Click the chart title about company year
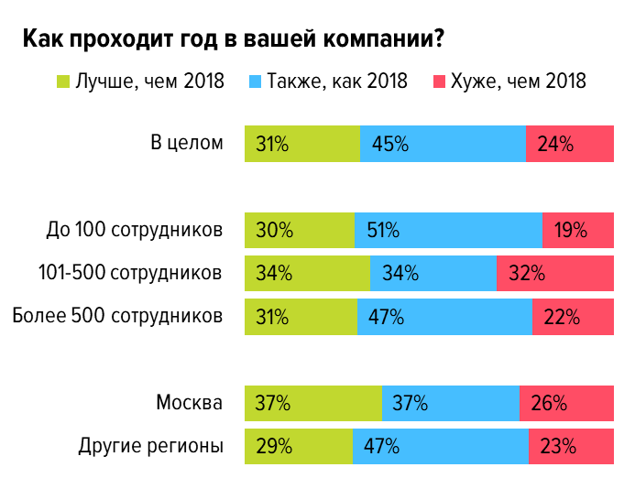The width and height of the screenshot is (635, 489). point(234,40)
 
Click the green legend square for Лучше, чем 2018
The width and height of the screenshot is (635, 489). point(63,81)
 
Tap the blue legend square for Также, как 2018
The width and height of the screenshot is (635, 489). point(255,81)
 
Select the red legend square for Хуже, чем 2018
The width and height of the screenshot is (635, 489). point(438,81)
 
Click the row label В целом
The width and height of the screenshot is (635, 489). point(186,143)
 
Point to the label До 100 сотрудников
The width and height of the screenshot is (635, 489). point(135,229)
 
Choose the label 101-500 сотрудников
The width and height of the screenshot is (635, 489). point(130,273)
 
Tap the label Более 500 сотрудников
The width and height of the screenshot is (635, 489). point(117,316)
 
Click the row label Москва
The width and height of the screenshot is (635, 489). point(189,403)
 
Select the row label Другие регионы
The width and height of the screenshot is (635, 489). point(151,447)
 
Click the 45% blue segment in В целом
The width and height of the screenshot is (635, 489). point(443,144)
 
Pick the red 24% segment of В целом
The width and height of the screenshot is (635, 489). point(569,144)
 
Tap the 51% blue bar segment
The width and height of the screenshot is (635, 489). point(448,230)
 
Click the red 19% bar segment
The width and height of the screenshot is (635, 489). point(578,230)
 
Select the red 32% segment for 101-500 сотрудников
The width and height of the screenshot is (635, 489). point(554,273)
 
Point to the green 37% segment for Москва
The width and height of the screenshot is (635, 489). point(312,403)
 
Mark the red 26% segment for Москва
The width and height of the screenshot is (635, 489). point(566,403)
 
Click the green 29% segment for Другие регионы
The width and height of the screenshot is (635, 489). point(298,447)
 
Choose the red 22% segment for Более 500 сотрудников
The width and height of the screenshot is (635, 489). point(573,317)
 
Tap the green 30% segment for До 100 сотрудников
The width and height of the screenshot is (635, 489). point(299,230)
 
